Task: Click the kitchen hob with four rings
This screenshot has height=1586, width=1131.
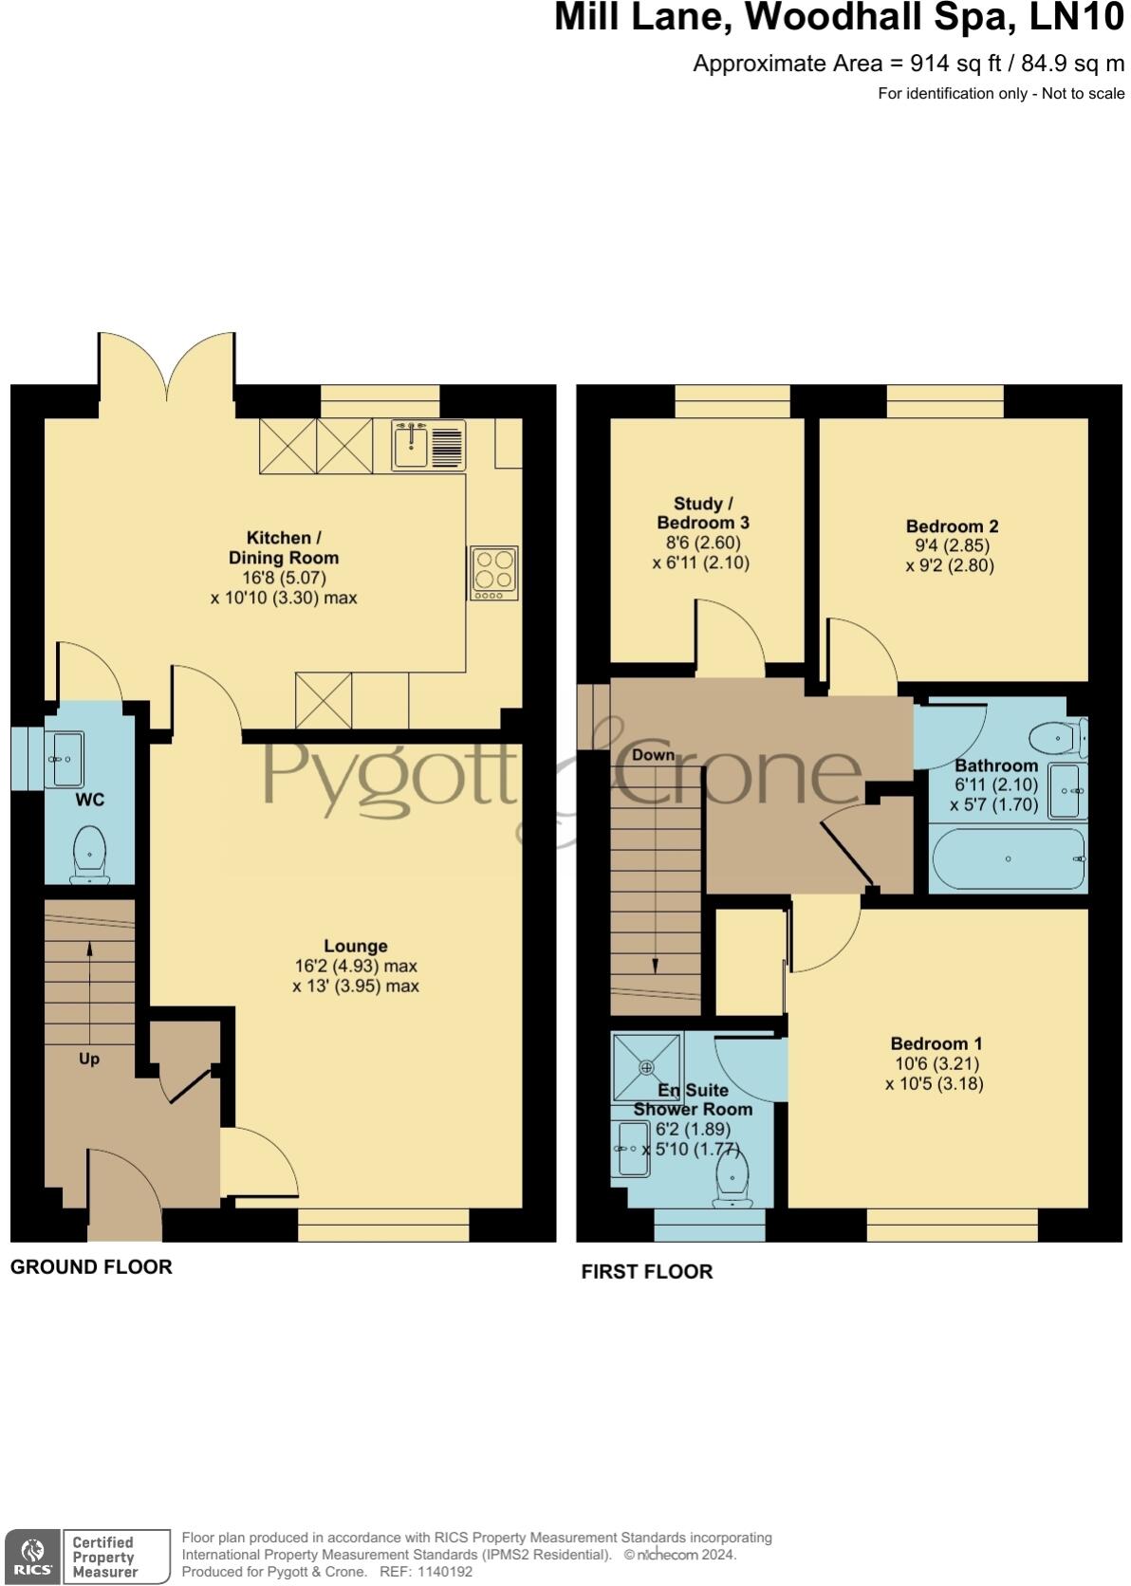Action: point(493,572)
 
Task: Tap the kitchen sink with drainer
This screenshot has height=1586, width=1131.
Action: point(429,445)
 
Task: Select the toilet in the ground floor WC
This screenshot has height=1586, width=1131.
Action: point(89,852)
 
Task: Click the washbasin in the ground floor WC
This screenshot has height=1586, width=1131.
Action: point(66,759)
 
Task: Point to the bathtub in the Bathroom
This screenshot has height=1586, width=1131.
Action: point(1008,858)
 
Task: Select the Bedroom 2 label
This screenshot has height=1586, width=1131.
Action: point(952,526)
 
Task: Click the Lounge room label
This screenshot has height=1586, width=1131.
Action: point(356,946)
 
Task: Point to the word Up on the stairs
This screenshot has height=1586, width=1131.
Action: point(89,1059)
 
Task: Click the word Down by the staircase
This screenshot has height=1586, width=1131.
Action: point(653,755)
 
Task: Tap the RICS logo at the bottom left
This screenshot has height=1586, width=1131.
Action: point(32,1556)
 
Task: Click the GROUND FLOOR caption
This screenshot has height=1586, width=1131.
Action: point(91,1267)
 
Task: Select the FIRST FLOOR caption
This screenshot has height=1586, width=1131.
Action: point(646,1272)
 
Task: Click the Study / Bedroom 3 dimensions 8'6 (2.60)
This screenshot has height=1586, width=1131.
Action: point(702,543)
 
